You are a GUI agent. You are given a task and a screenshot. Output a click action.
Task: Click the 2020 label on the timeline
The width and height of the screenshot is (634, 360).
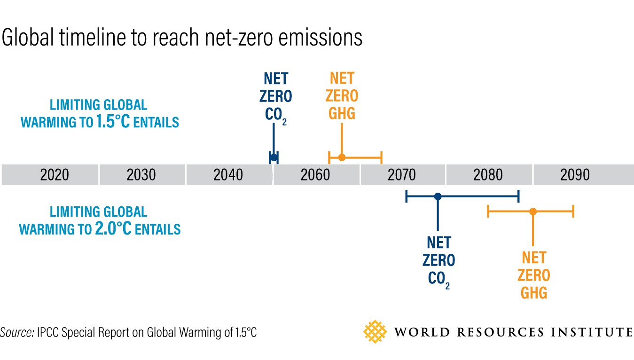click(55, 175)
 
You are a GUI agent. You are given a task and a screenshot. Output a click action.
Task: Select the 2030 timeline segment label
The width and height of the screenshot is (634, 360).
click(141, 175)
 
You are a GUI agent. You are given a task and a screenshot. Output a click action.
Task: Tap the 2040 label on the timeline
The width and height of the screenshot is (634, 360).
click(228, 175)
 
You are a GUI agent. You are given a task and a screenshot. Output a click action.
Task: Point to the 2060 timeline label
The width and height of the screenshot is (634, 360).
click(315, 175)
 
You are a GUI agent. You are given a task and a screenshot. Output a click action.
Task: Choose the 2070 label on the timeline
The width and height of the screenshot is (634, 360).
click(402, 175)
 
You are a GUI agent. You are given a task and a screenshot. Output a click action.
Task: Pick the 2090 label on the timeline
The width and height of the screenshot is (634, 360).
click(575, 175)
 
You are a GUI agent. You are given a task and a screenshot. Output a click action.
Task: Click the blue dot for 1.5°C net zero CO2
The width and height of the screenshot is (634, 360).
click(274, 157)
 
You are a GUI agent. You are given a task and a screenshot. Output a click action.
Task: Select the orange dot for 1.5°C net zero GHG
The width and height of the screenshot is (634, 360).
click(342, 157)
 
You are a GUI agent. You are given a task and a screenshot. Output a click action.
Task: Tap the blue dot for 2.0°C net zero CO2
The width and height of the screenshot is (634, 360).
click(438, 196)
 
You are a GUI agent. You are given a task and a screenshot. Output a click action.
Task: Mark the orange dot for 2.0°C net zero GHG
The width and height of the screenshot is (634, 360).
click(532, 211)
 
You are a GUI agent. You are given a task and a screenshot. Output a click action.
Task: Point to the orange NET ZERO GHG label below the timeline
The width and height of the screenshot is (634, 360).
click(534, 275)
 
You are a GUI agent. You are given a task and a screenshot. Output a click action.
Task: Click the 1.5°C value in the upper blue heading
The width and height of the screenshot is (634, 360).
click(114, 122)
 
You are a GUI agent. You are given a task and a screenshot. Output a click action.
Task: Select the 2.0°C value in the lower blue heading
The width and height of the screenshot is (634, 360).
click(113, 229)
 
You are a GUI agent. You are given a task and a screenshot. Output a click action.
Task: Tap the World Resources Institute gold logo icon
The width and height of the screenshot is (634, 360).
click(375, 332)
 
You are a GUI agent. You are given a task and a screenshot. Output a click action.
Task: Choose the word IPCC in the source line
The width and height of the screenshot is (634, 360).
click(48, 333)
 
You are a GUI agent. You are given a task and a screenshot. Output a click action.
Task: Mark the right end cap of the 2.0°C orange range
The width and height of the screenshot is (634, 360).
click(573, 211)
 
